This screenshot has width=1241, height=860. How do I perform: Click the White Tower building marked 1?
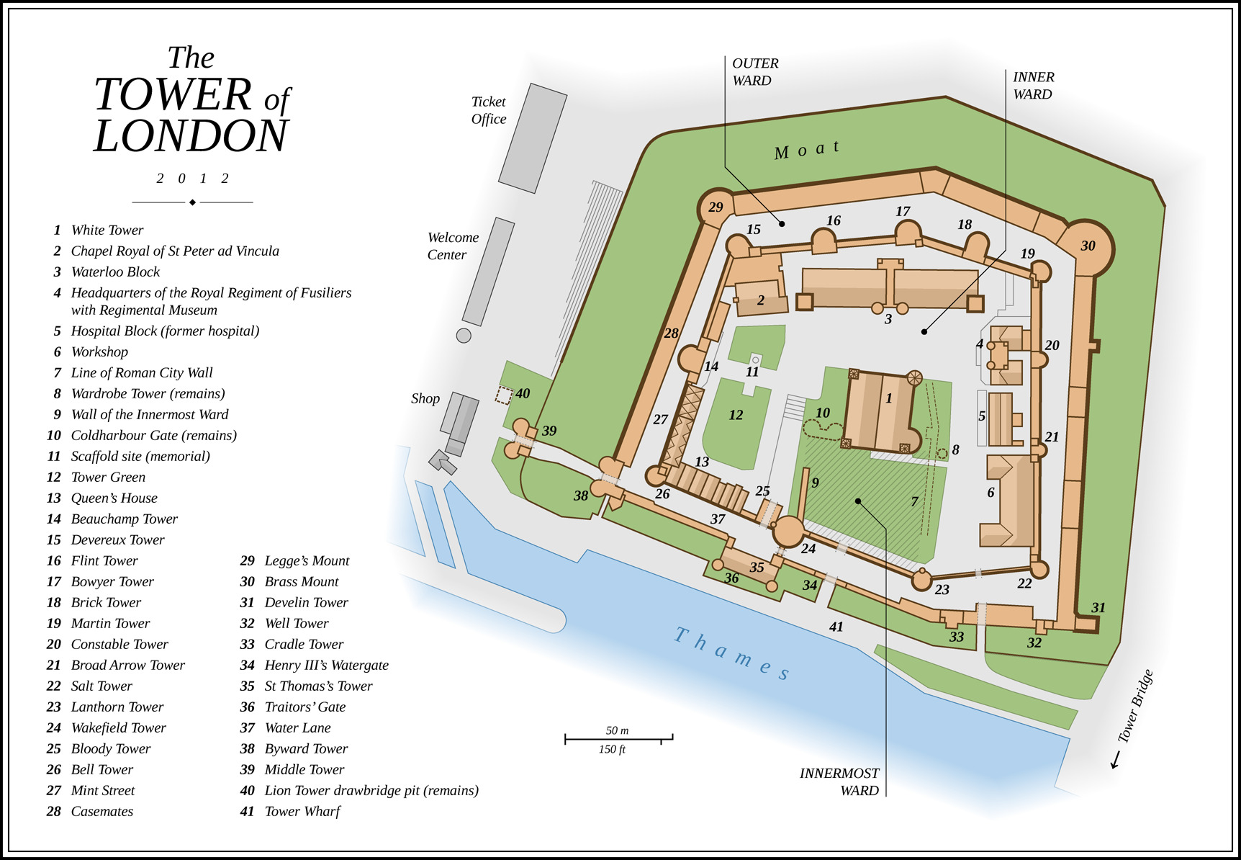(880, 413)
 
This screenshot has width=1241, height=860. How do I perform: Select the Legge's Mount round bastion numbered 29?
(716, 207)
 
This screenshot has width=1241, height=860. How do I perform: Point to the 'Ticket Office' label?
(489, 110)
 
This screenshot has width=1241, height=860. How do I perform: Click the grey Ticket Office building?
(533, 138)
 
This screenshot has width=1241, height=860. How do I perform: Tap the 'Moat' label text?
(806, 150)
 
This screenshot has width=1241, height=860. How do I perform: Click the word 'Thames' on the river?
(731, 653)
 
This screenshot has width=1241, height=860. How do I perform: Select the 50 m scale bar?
(618, 738)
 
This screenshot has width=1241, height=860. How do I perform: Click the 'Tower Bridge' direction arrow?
(1116, 759)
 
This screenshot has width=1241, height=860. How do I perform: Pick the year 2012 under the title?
(192, 179)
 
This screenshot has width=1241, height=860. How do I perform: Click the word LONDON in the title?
(191, 136)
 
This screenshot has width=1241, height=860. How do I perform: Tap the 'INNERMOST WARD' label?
(839, 781)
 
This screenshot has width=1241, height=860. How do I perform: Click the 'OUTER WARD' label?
(754, 72)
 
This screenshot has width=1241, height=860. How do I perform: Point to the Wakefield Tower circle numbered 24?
(789, 532)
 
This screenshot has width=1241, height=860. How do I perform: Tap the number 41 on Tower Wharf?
(836, 627)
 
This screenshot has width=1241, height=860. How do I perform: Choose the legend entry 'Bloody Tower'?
(111, 748)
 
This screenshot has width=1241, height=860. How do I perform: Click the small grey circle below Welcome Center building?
(464, 335)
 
